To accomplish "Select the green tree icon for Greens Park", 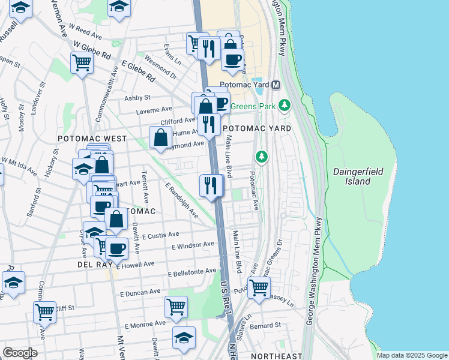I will tap(285, 106).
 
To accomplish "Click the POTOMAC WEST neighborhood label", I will tap(92, 138).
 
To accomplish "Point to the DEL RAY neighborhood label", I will tap(92, 264).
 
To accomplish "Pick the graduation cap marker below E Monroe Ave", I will tap(184, 337).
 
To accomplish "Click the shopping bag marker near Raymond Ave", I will tap(161, 137).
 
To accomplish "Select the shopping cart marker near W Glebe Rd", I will tap(82, 62).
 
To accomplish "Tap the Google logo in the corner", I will tap(19, 353).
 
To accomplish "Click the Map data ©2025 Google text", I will tap(411, 355).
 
